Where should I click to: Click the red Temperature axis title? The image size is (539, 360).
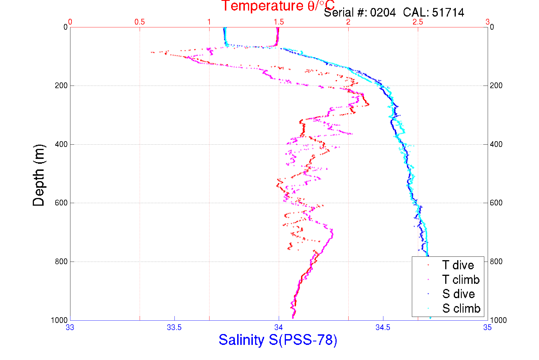(x=278, y=6)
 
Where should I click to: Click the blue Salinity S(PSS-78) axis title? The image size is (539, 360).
(x=278, y=340)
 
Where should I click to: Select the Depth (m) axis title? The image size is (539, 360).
(x=39, y=175)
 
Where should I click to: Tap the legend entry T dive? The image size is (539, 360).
(x=458, y=265)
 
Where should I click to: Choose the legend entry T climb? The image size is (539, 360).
(x=461, y=280)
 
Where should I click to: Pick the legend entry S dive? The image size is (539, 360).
(x=458, y=294)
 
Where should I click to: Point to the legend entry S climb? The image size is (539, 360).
(x=461, y=308)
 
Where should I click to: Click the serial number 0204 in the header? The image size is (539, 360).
(x=383, y=13)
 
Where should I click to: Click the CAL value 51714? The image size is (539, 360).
(x=448, y=13)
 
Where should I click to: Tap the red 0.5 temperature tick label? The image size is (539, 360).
(x=140, y=22)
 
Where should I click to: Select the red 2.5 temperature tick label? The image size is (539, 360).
(x=418, y=22)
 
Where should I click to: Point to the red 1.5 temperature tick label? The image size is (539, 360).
(x=279, y=22)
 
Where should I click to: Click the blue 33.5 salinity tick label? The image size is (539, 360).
(x=174, y=327)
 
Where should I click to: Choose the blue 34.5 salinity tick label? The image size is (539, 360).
(x=383, y=327)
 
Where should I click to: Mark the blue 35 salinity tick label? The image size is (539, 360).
(x=487, y=327)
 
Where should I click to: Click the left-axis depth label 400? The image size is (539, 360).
(x=61, y=144)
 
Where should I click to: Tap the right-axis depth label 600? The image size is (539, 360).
(x=496, y=203)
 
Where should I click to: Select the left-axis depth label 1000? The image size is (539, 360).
(x=59, y=320)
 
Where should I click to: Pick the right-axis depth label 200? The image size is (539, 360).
(x=496, y=86)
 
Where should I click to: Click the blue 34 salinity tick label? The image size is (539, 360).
(x=278, y=327)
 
